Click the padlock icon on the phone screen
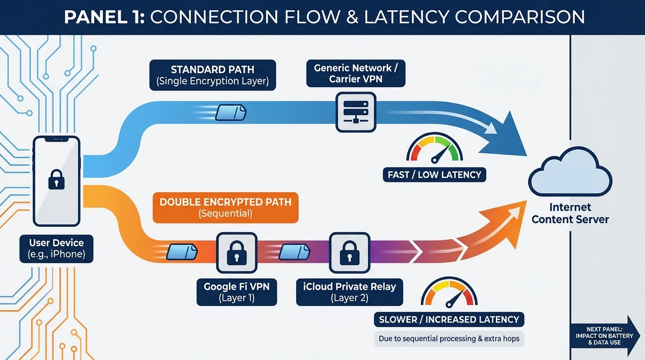[56, 180]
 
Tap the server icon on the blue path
[355, 112]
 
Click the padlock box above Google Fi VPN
[236, 253]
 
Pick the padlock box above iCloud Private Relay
[349, 253]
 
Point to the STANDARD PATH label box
[212, 75]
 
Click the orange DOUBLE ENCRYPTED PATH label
[225, 208]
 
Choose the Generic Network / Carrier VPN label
[355, 73]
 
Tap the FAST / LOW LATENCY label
[434, 175]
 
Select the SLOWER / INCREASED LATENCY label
[449, 320]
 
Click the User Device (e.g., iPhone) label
[56, 248]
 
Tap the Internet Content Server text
[570, 213]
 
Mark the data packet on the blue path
[231, 112]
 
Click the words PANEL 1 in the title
[104, 17]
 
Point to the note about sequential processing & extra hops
[449, 338]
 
